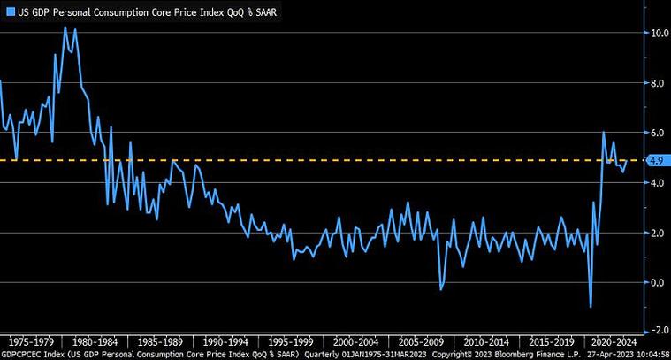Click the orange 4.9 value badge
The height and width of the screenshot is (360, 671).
click(x=655, y=160)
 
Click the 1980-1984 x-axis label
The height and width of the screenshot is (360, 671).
click(x=94, y=341)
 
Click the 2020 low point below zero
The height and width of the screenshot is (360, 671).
click(x=590, y=306)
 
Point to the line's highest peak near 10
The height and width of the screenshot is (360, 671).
click(x=65, y=27)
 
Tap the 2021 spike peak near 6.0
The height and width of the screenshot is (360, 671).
click(x=603, y=133)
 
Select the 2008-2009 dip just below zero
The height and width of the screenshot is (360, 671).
click(x=441, y=288)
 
